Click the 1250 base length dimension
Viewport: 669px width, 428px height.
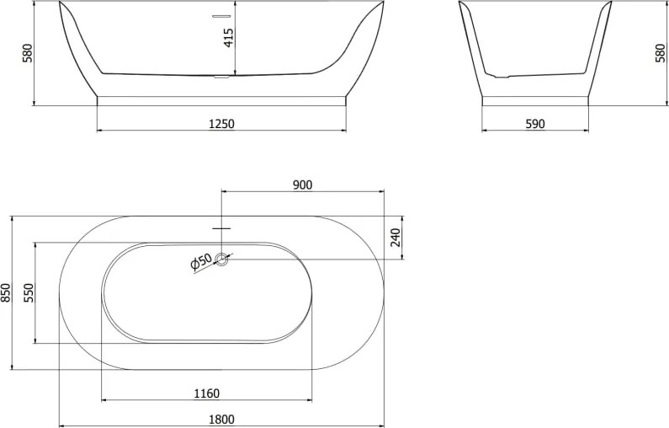point(221,124)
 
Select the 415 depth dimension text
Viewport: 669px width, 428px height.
point(229,38)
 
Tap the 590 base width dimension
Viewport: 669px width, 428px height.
point(535,124)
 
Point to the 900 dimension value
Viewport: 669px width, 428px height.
point(302,185)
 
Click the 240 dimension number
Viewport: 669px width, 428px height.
point(396,238)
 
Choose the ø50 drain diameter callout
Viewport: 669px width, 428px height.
point(201,262)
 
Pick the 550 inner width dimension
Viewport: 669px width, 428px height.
point(29,292)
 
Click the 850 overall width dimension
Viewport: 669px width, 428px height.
point(6,293)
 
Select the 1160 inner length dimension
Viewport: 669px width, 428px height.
point(206,393)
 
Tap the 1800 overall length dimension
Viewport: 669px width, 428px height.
point(221,420)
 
